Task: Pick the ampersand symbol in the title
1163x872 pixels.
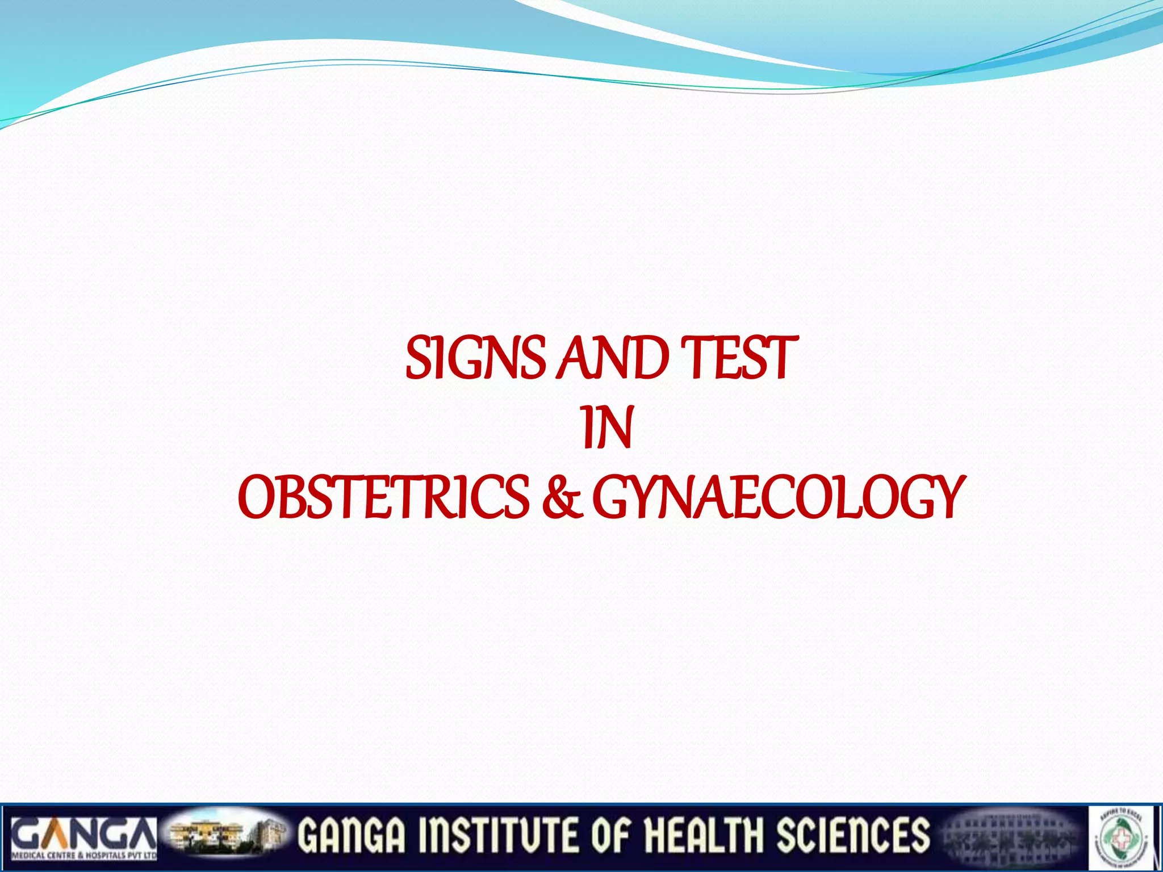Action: [562, 498]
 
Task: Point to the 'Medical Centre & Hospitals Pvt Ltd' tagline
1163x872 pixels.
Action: [84, 855]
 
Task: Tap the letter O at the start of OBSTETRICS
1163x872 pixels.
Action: [257, 498]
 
